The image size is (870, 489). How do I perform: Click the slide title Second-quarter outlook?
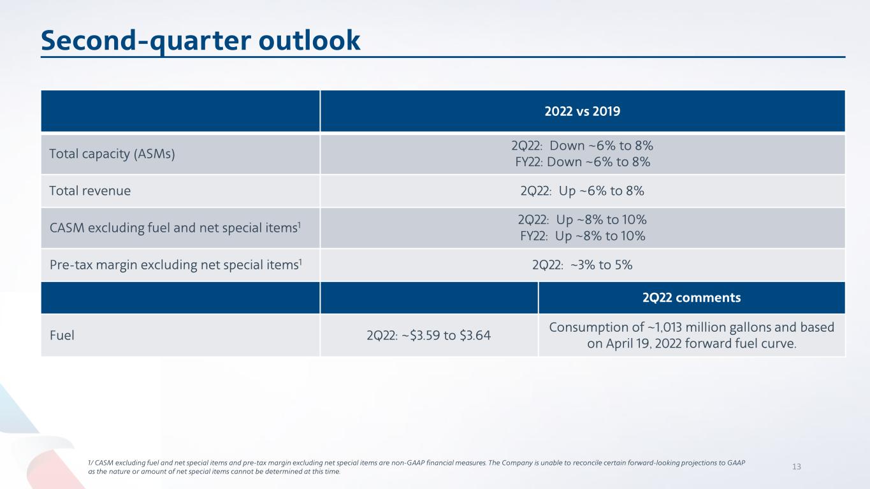(201, 41)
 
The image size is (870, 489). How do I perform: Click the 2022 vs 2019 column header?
(582, 111)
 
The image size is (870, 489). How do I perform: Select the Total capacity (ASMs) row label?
(112, 154)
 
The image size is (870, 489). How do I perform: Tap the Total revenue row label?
(90, 190)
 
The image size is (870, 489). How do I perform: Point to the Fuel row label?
(62, 334)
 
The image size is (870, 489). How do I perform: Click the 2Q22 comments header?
(692, 297)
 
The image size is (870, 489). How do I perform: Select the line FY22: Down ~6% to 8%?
(582, 162)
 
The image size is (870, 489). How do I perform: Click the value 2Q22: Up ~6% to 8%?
(582, 190)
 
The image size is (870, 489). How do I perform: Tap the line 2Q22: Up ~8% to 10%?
(582, 220)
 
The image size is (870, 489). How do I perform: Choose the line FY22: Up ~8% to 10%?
(582, 236)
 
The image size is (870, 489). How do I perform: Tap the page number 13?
(796, 467)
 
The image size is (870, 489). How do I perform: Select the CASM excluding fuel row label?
(172, 227)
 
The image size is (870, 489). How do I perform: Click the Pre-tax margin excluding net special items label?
(175, 265)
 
